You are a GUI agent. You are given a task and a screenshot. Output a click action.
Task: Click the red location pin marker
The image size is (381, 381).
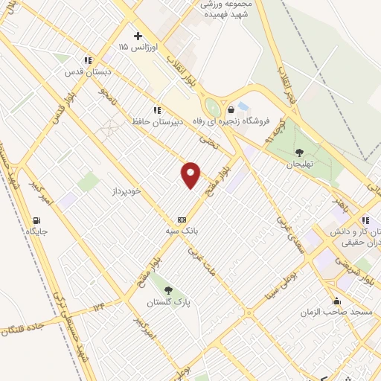coord(191,175)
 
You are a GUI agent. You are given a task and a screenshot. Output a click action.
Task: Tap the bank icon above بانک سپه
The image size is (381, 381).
coord(182,220)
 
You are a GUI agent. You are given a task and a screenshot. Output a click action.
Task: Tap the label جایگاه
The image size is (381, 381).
coord(37,231)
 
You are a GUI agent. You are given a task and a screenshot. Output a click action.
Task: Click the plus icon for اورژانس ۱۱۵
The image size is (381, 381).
coord(138,35)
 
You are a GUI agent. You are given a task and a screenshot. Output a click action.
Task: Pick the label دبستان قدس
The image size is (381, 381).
coord(88,72)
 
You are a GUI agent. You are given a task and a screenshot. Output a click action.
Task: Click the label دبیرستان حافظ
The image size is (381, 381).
coord(157,121)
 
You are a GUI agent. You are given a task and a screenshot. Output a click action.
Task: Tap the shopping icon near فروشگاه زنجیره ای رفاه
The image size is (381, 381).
coord(231,109)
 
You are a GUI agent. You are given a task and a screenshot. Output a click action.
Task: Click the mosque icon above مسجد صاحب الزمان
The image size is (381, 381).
coord(337,301)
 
